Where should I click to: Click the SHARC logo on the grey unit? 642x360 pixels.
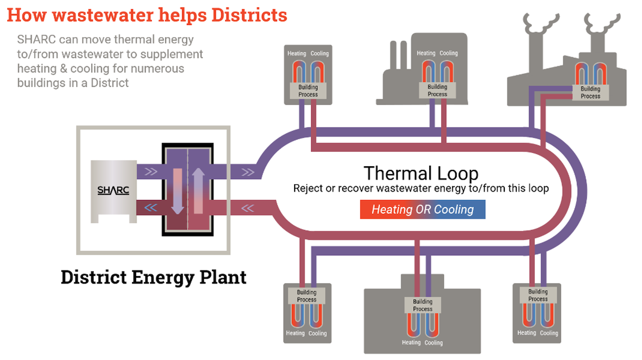(113, 190)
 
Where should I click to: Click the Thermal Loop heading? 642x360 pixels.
(420, 172)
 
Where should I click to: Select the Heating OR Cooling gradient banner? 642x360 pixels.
(422, 209)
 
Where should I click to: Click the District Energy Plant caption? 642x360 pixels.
(153, 277)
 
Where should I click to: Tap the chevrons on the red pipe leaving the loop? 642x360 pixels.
(248, 208)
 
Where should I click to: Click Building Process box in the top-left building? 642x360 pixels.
(308, 91)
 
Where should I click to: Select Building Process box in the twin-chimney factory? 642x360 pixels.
(590, 93)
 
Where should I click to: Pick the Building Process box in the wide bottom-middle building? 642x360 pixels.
(422, 305)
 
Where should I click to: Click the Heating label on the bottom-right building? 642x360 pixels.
(527, 333)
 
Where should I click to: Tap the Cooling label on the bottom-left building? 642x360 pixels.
(317, 333)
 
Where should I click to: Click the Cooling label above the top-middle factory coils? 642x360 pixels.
(448, 53)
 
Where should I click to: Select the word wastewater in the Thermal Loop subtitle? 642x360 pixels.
(384, 188)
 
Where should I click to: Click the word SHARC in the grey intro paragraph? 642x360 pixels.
(34, 39)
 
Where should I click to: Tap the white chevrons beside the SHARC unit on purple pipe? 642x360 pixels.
(150, 171)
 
